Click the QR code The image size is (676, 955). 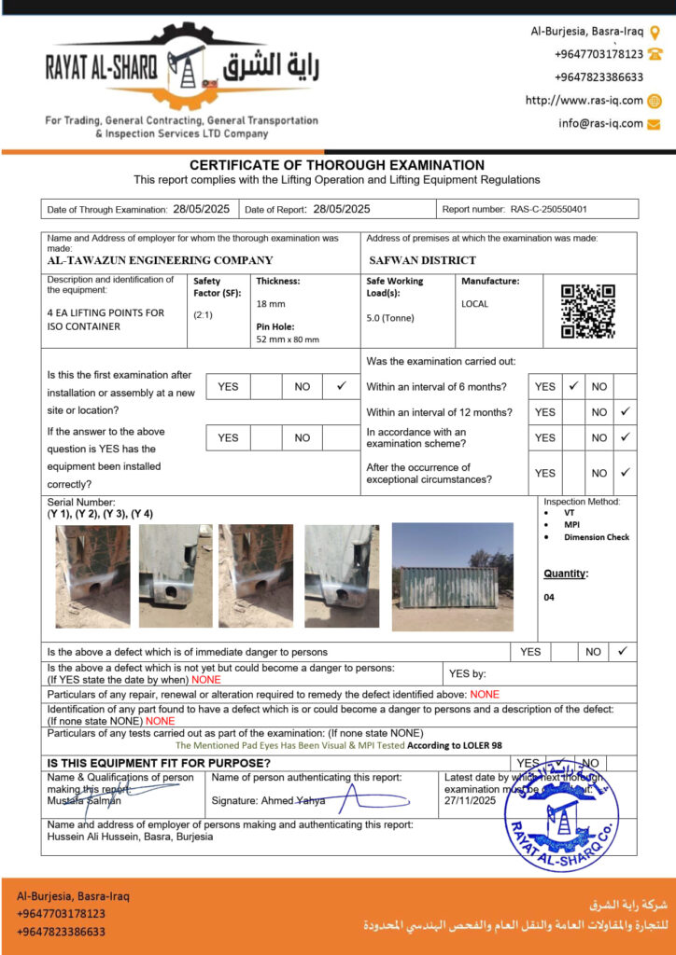[x=587, y=311]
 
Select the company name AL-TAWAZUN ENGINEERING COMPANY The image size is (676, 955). [x=160, y=261]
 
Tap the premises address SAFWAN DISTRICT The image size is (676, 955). [x=422, y=261]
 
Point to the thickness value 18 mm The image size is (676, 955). [x=271, y=304]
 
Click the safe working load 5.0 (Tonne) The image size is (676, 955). [x=390, y=318]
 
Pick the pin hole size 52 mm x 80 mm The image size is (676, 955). [x=288, y=340]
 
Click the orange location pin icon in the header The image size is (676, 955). [x=655, y=31]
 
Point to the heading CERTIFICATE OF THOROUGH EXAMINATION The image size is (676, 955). [x=337, y=165]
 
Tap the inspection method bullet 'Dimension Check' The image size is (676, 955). [x=597, y=537]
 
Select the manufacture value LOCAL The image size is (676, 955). [x=474, y=304]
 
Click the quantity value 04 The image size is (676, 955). [x=549, y=598]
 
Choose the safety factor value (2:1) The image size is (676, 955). [x=203, y=315]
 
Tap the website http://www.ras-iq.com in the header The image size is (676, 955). [x=584, y=101]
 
